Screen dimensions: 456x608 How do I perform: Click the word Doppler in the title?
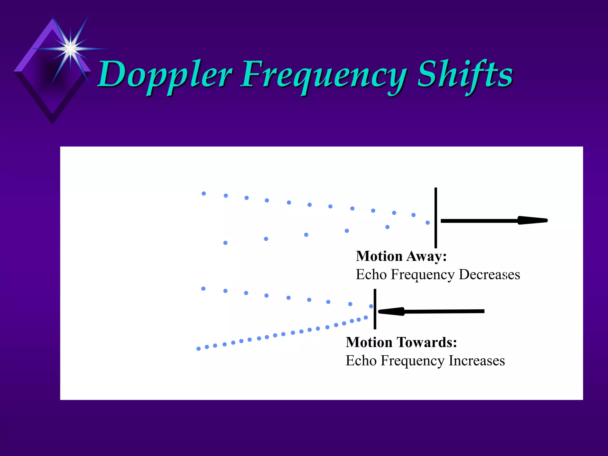tap(165, 74)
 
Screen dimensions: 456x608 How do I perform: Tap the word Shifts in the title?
tap(465, 74)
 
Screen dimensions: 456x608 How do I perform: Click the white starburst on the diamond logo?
tap(70, 48)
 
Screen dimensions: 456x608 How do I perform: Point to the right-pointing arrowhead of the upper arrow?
tap(533, 220)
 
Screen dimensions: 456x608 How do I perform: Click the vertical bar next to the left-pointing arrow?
tap(375, 309)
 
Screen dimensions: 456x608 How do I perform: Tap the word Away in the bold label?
tap(426, 256)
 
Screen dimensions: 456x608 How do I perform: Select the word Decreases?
tap(489, 275)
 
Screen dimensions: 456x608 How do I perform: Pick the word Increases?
tap(476, 361)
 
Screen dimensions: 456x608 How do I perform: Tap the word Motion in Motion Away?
tap(379, 256)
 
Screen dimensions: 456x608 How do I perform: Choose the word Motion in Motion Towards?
tap(369, 342)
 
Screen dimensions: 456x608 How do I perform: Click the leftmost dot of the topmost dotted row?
tap(204, 194)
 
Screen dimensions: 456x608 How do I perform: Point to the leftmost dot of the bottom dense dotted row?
tap(199, 349)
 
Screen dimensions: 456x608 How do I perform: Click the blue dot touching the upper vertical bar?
tap(428, 223)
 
